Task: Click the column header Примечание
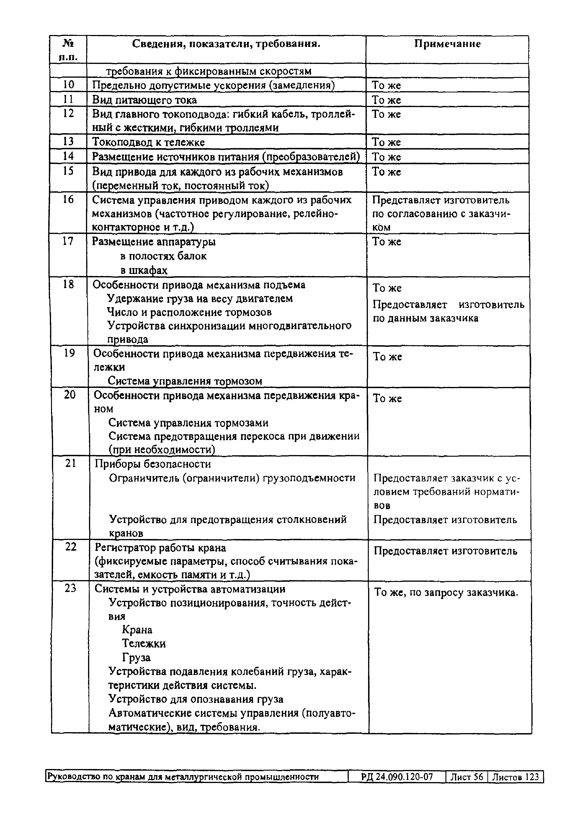[x=447, y=44]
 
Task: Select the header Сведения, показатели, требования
[x=226, y=44]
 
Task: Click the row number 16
[x=68, y=199]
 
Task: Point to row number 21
[x=70, y=463]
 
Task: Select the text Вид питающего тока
[x=144, y=100]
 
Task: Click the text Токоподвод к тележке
[x=148, y=142]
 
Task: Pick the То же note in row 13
[x=386, y=142]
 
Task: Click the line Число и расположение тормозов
[x=189, y=312]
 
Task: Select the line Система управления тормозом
[x=185, y=381]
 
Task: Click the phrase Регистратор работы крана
[x=161, y=548]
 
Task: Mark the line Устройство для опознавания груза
[x=196, y=699]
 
